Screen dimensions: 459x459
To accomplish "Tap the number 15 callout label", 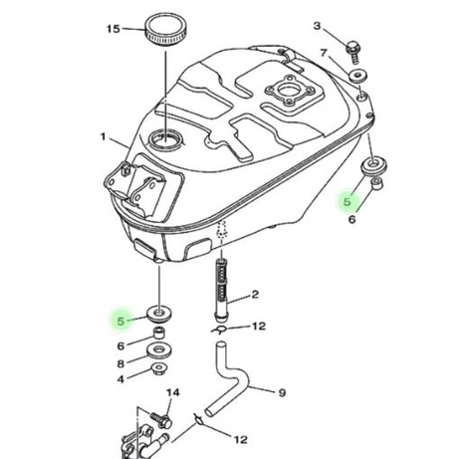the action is pyautogui.click(x=114, y=29).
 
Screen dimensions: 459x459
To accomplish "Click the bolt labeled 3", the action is pyautogui.click(x=352, y=52).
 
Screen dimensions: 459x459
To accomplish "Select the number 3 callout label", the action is pyautogui.click(x=318, y=26).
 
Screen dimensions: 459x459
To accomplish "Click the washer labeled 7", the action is pyautogui.click(x=357, y=76).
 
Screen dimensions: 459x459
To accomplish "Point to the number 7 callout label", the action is pyautogui.click(x=324, y=53).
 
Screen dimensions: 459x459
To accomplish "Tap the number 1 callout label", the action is pyautogui.click(x=104, y=136).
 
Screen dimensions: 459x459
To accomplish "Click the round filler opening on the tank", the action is pyautogui.click(x=166, y=139).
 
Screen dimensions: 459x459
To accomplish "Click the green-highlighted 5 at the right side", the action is pyautogui.click(x=347, y=202).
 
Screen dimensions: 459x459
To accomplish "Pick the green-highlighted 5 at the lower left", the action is pyautogui.click(x=120, y=321).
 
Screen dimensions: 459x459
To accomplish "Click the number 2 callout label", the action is pyautogui.click(x=255, y=295).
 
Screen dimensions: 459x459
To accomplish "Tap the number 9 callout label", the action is pyautogui.click(x=282, y=393).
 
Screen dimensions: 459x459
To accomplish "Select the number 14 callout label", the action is pyautogui.click(x=173, y=393).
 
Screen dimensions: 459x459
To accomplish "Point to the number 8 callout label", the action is pyautogui.click(x=120, y=363).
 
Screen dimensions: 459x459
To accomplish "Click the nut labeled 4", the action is pyautogui.click(x=159, y=369).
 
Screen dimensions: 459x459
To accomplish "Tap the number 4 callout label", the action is pyautogui.click(x=120, y=379).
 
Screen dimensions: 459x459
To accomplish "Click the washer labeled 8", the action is pyautogui.click(x=159, y=351).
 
